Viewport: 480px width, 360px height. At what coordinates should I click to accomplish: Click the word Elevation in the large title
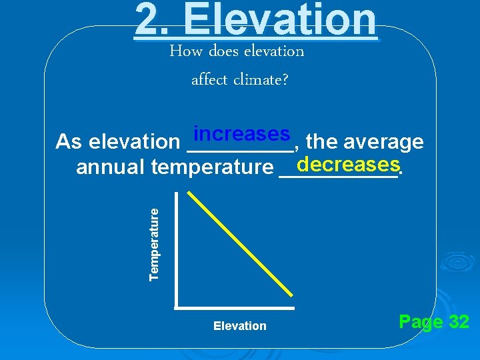[280, 19]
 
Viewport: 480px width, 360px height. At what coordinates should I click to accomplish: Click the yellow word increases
[241, 134]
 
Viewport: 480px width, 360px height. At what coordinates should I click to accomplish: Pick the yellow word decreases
[348, 164]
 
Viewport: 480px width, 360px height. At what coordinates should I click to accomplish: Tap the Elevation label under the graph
[239, 326]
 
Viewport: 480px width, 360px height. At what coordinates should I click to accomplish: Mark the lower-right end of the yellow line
[291, 295]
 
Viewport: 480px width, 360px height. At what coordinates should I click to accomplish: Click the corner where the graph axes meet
[177, 307]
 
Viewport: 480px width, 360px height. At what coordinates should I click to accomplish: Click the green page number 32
[459, 323]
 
